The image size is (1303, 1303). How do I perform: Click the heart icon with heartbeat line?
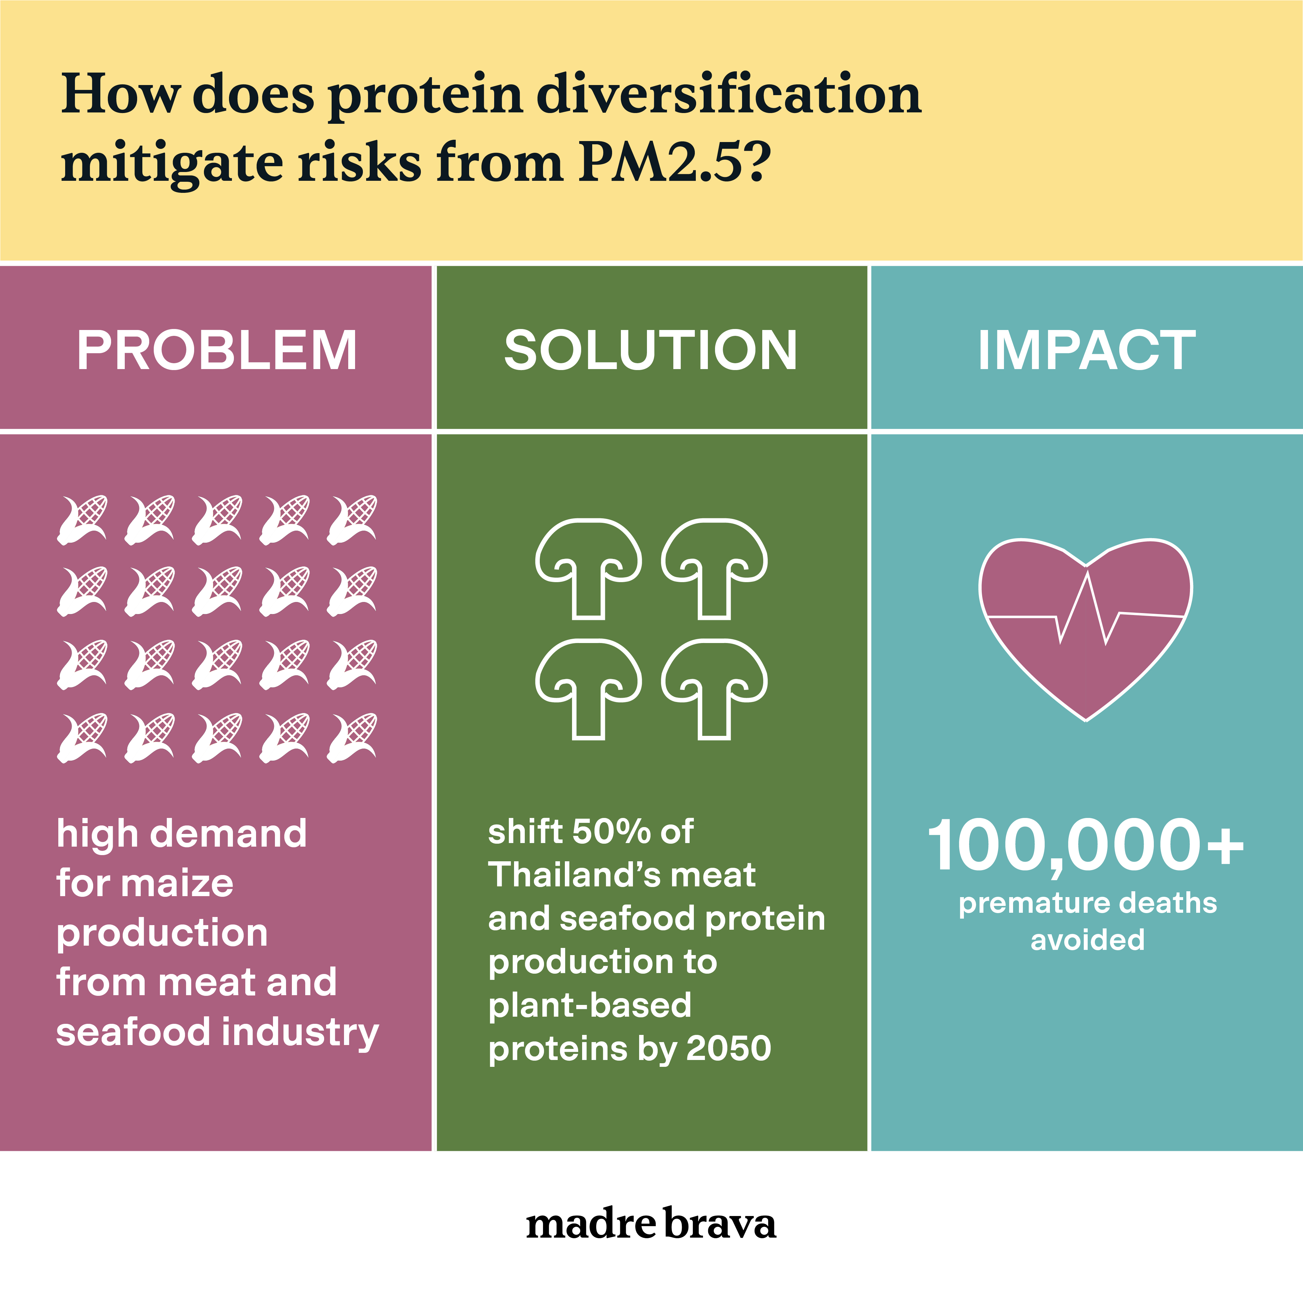coord(1086,629)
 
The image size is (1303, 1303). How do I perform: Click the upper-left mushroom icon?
coord(589,568)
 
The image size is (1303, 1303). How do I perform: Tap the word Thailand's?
coord(573,875)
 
